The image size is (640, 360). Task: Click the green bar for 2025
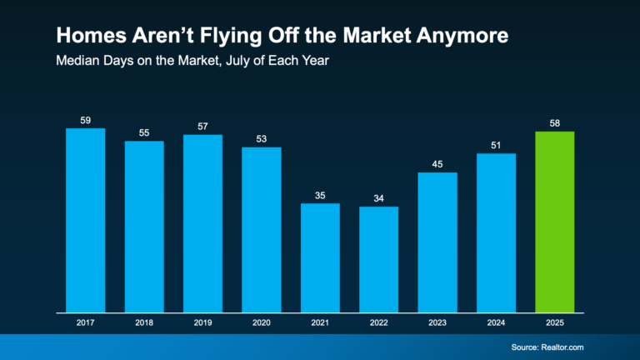pos(554,221)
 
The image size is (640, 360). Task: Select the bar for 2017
pos(85,219)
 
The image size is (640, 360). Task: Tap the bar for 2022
pos(378,258)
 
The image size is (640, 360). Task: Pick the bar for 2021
pos(320,257)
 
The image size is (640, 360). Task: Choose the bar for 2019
pos(202,222)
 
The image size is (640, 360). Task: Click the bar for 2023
pos(437,242)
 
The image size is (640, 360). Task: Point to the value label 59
pos(85,121)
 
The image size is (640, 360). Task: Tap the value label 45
pos(437,164)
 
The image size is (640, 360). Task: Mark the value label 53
pos(261,139)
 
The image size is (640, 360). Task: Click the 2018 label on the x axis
pos(144,321)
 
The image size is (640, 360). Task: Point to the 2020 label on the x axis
pos(261,321)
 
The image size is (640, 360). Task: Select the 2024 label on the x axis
pos(496,321)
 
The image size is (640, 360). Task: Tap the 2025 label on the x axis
pos(554,321)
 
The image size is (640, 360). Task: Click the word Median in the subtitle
pos(76,61)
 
